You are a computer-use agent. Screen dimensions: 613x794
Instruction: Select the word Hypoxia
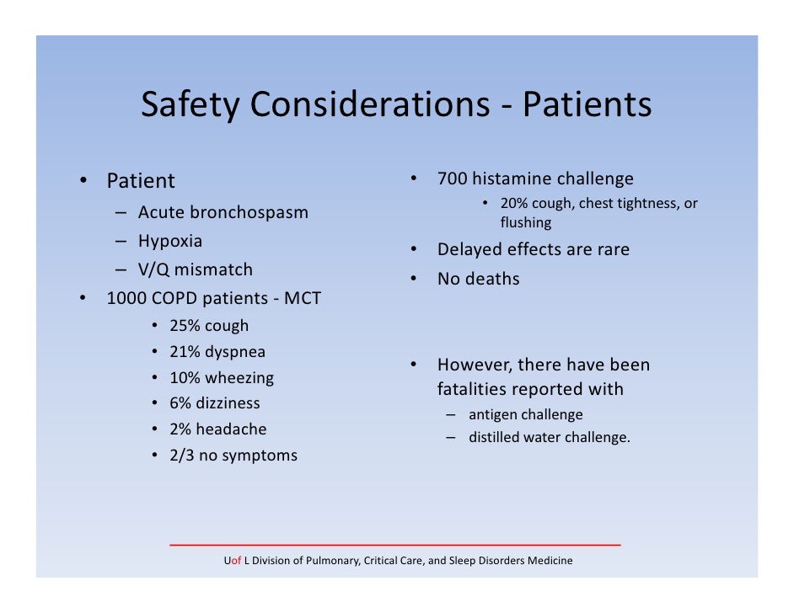(170, 241)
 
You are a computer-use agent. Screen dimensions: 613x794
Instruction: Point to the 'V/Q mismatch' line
(195, 269)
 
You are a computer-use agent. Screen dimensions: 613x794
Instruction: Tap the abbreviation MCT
(302, 298)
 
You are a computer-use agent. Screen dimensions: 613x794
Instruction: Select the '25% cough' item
(209, 326)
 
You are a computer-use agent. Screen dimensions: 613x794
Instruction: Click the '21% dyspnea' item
(217, 352)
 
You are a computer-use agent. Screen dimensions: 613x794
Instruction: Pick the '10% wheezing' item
(222, 378)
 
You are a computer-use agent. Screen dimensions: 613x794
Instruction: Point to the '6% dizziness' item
(215, 403)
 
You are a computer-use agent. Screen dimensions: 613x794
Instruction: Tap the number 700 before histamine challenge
(452, 179)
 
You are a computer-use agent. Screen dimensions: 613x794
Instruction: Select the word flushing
(525, 223)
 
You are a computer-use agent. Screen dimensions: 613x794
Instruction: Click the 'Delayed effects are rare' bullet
(533, 250)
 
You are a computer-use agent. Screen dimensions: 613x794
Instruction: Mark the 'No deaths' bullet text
(478, 279)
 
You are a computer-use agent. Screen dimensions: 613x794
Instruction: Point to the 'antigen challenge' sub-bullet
(525, 414)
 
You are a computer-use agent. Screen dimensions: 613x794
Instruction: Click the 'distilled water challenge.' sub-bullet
(549, 437)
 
